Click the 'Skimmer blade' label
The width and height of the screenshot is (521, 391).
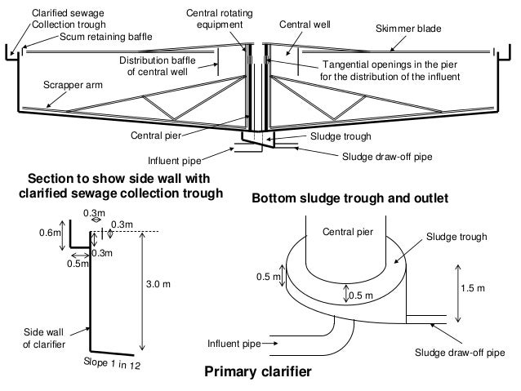(407, 29)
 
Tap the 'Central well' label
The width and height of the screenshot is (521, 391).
(304, 24)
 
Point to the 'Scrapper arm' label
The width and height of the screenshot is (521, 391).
(68, 84)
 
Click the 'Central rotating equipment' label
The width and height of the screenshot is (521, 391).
(215, 19)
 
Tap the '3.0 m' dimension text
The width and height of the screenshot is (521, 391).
(158, 284)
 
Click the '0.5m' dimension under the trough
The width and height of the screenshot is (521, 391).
(78, 264)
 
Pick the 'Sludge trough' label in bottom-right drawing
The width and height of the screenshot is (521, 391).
(457, 237)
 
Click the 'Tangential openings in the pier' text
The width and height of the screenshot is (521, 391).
(391, 64)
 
